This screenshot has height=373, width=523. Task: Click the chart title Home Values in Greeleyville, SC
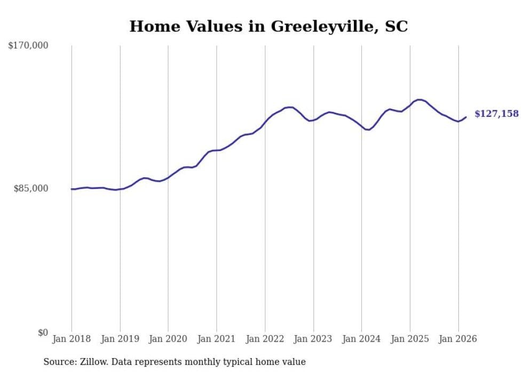pos(268,26)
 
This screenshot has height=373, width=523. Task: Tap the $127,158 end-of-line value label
pos(496,114)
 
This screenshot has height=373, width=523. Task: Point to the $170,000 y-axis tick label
pos(28,46)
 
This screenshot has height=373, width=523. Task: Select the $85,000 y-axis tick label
pos(31,188)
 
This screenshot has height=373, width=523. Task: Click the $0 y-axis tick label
pos(43,332)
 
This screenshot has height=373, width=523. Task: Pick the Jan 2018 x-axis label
pos(72,339)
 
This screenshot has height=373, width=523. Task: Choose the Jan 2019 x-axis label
pos(120,339)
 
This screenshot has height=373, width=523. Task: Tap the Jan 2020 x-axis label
pos(168,339)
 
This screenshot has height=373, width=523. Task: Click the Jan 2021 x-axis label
pos(217,339)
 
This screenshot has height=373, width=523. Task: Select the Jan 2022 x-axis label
pos(265,339)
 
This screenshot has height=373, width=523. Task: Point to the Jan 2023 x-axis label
pos(313,339)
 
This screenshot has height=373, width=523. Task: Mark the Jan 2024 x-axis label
pos(361,339)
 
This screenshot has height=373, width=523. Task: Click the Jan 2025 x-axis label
pos(410,339)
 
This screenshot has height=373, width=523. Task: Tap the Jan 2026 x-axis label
pos(458,339)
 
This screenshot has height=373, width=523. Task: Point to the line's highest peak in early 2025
pos(420,100)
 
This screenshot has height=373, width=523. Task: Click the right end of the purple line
pos(466,117)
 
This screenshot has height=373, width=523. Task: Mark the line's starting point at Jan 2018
pos(72,189)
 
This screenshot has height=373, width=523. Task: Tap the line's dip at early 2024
pos(368,130)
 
